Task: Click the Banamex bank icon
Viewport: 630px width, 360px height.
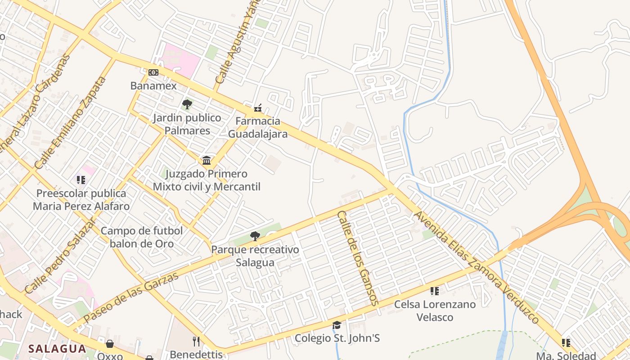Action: pyautogui.click(x=153, y=72)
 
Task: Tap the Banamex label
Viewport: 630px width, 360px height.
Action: pyautogui.click(x=153, y=85)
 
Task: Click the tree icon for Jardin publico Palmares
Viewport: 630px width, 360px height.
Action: pyautogui.click(x=187, y=105)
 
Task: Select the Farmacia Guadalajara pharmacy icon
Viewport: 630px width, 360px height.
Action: pyautogui.click(x=258, y=108)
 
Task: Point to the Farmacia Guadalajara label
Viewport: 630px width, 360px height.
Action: pyautogui.click(x=258, y=127)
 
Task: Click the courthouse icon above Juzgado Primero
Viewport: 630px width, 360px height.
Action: pyautogui.click(x=207, y=160)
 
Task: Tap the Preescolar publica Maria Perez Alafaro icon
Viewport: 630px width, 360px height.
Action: pyautogui.click(x=81, y=180)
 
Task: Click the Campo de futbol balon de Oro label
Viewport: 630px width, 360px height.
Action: pyautogui.click(x=142, y=237)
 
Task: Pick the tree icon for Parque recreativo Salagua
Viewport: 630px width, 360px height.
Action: pyautogui.click(x=255, y=236)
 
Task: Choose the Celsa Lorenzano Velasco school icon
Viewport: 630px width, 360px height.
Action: pyautogui.click(x=434, y=291)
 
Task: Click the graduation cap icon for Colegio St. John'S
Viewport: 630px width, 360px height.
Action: pyautogui.click(x=337, y=325)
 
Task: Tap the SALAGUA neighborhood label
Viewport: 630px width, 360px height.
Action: pyautogui.click(x=57, y=348)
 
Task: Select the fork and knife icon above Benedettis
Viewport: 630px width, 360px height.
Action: pyautogui.click(x=196, y=341)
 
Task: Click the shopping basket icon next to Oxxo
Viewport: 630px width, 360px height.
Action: pyautogui.click(x=109, y=344)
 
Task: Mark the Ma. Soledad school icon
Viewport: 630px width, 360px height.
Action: pyautogui.click(x=566, y=343)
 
